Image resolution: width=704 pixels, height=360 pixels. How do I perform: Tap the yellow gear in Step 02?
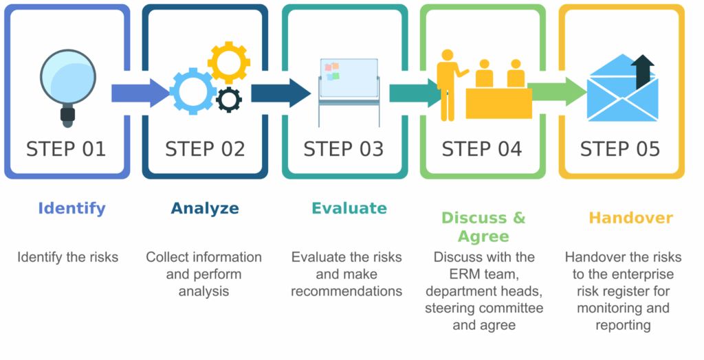tap(230, 62)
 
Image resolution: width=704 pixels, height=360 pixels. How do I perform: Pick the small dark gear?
tap(229, 100)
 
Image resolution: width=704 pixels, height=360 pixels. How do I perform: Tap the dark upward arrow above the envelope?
tap(643, 70)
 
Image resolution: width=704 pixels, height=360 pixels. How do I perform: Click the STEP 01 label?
tap(66, 149)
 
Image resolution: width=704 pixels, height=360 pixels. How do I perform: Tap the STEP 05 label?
tap(620, 149)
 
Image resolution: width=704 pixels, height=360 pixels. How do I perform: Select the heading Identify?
tap(71, 208)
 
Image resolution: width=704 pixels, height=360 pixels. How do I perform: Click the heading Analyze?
tap(205, 208)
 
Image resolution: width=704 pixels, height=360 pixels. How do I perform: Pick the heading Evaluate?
tap(349, 208)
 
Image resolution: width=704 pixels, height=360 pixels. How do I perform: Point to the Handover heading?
tap(630, 218)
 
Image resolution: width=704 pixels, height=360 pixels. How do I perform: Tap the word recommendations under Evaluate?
tap(346, 291)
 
